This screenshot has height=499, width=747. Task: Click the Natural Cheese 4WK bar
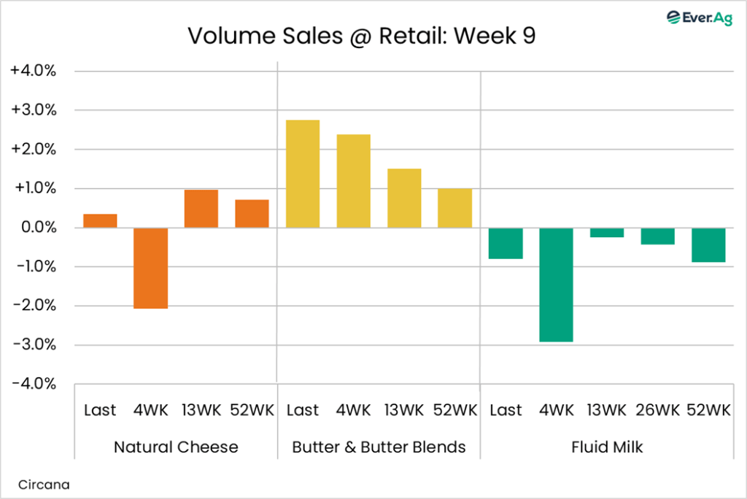[150, 268]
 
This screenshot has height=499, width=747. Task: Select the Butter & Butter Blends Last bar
[303, 174]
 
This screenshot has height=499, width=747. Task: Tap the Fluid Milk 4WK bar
[556, 285]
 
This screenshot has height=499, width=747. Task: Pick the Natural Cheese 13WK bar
[201, 209]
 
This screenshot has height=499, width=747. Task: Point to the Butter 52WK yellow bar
[454, 208]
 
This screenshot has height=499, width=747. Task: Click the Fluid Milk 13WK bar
[606, 233]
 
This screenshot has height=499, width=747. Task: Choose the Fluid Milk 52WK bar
[708, 244]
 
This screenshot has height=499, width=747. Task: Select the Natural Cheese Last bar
[100, 220]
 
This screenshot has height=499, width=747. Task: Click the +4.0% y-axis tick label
[34, 71]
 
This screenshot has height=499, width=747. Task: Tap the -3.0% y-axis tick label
[34, 345]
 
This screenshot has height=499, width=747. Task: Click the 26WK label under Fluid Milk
[657, 410]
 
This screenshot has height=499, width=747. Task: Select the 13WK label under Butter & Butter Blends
[404, 410]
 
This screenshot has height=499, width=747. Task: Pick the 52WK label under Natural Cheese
[252, 410]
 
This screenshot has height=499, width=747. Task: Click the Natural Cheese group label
[176, 446]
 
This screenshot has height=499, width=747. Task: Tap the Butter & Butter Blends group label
[379, 446]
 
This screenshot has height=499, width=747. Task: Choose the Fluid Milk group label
[607, 446]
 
